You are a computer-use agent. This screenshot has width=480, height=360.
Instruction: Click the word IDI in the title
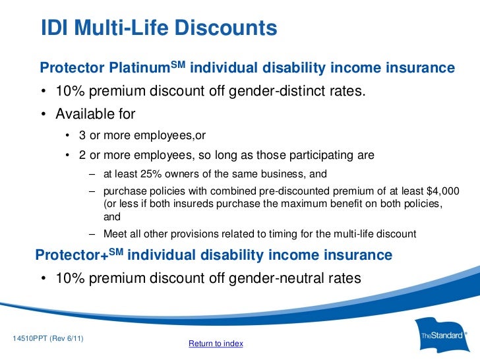point(55,29)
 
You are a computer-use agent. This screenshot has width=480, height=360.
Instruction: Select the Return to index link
point(216,344)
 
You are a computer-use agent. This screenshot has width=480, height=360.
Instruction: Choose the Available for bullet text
point(95,114)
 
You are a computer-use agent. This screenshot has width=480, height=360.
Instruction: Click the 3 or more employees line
point(142,135)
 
